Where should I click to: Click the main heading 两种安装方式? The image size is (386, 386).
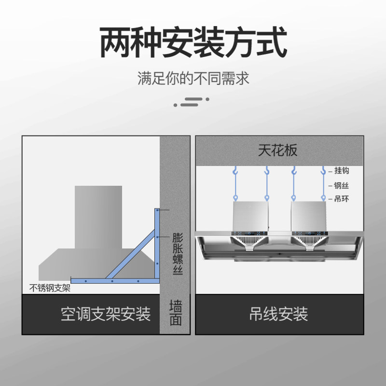(x=193, y=43)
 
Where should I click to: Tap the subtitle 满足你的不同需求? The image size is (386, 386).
(x=193, y=79)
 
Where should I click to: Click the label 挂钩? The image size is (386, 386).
(x=342, y=171)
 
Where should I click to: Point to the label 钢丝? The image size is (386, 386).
(x=342, y=185)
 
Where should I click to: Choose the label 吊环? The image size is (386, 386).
(x=342, y=199)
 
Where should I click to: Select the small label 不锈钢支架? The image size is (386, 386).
(x=50, y=289)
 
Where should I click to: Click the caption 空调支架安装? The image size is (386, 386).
(x=106, y=315)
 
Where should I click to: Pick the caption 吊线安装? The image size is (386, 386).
(x=279, y=315)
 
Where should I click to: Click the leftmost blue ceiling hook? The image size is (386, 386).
(x=235, y=170)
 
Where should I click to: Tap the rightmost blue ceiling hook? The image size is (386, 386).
(x=323, y=170)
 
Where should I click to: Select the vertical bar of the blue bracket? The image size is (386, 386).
(x=157, y=244)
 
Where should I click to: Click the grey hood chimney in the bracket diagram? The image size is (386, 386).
(x=98, y=217)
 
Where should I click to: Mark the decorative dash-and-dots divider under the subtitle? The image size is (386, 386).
(x=192, y=101)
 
